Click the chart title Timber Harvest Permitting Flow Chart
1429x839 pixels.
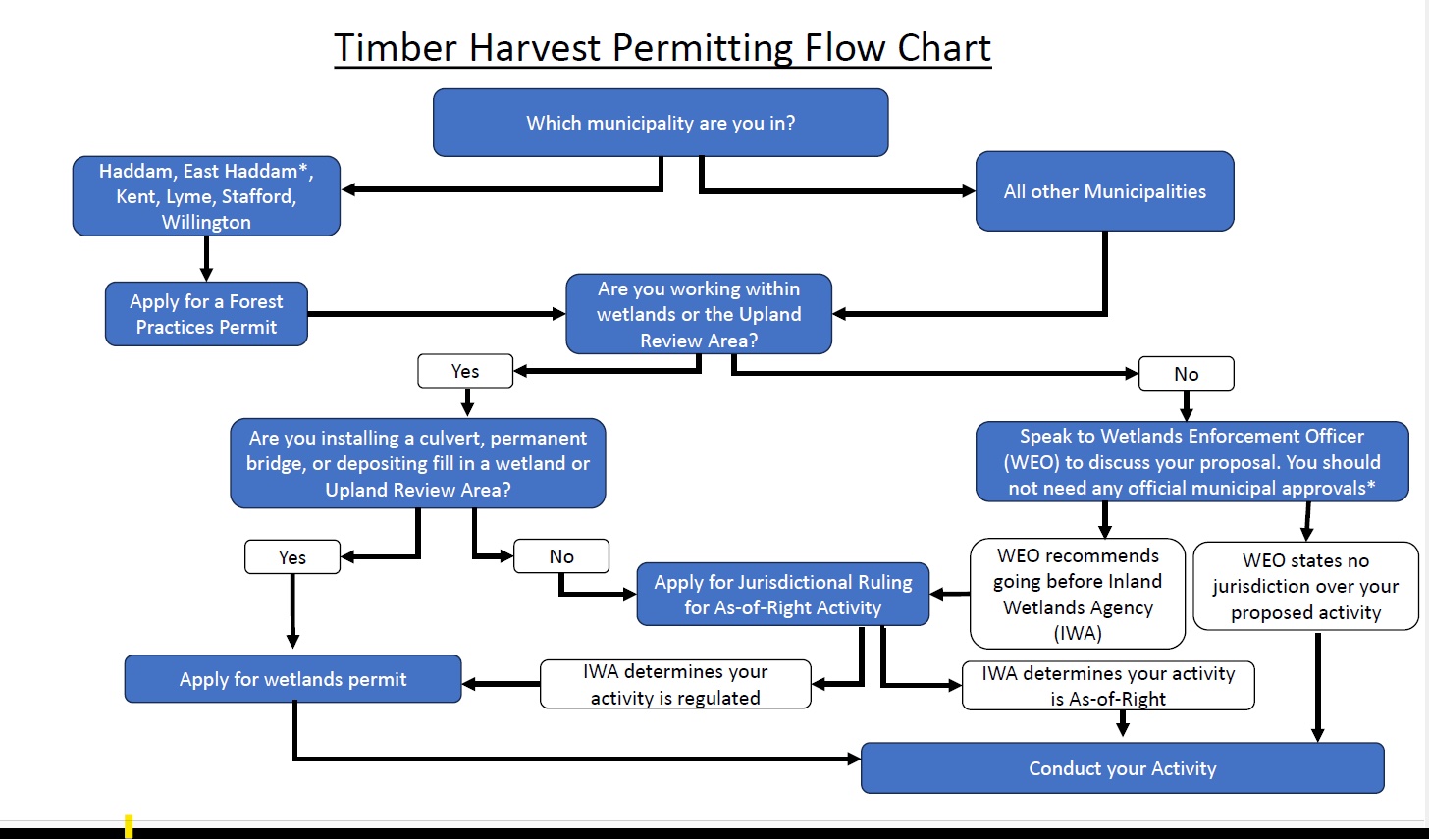(662, 48)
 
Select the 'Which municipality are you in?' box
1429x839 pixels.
(661, 123)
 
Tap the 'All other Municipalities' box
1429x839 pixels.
(1104, 191)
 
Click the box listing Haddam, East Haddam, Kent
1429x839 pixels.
(206, 196)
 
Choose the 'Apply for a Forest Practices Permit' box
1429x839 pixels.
(206, 314)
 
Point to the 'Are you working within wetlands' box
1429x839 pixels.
(699, 314)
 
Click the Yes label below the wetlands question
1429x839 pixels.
(465, 371)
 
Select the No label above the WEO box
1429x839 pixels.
(1186, 374)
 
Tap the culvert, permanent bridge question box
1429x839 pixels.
(418, 463)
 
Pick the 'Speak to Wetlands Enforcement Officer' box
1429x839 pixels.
(1191, 461)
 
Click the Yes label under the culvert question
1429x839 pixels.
(292, 557)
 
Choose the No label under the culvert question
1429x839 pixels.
(561, 556)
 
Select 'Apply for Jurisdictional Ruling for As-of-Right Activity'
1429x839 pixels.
(783, 595)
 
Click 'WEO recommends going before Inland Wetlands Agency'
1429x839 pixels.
(1078, 594)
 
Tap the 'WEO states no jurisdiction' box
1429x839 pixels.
(1305, 587)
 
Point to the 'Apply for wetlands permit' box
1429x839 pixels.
(292, 679)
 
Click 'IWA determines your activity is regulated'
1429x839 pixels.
(675, 684)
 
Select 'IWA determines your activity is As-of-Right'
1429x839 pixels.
(1108, 686)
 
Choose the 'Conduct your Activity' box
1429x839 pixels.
(1122, 768)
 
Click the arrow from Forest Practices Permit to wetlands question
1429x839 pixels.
(436, 314)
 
